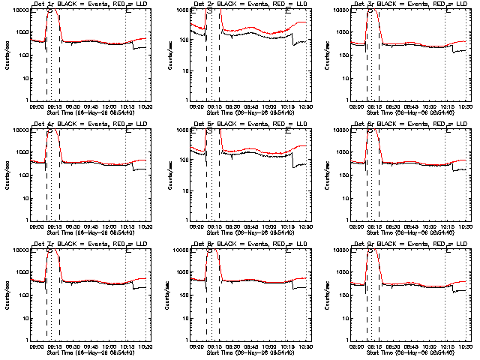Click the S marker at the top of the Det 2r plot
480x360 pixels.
(x=209, y=13)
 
